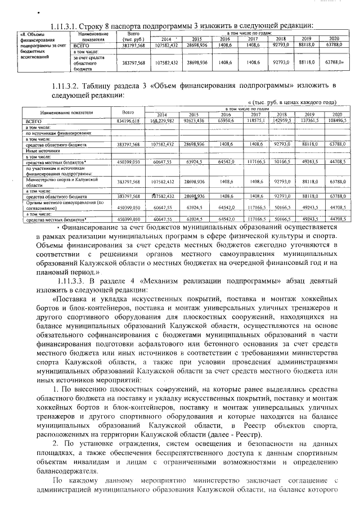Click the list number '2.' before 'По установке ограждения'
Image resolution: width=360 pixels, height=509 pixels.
(x=56, y=444)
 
